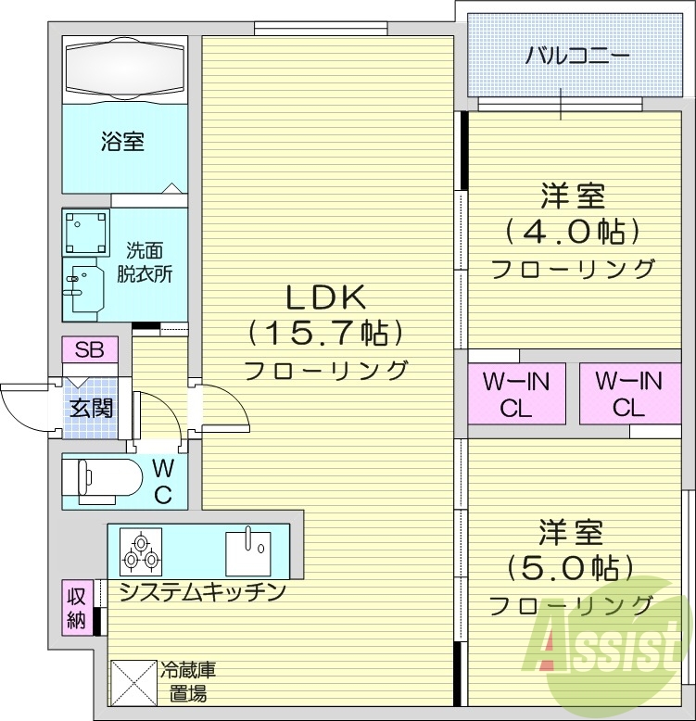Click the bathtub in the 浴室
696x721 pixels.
point(125,68)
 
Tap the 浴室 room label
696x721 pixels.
point(122,142)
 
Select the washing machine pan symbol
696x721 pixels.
point(86,232)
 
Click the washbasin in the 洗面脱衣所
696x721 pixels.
point(84,285)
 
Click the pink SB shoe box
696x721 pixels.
point(90,350)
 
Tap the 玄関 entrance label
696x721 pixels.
point(91,406)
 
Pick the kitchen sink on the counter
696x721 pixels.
point(247,550)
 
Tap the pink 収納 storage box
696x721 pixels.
point(76,609)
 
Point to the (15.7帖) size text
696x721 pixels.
point(325,333)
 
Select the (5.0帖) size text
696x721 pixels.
point(572,567)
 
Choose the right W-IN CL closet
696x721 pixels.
point(627,394)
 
